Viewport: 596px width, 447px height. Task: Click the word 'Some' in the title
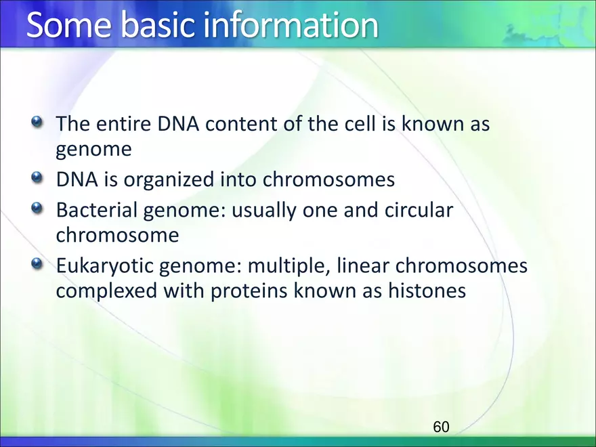pos(69,24)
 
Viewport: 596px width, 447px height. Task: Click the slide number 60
pos(441,427)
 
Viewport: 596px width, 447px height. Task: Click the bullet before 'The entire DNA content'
pos(37,122)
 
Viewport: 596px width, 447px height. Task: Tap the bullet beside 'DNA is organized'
pos(37,177)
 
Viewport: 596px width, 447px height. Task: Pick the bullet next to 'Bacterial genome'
pos(37,208)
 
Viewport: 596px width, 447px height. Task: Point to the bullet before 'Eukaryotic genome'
pos(37,263)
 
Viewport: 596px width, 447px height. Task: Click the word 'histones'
pos(427,291)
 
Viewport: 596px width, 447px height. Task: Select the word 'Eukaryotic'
pos(104,266)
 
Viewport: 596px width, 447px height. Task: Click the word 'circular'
pos(419,210)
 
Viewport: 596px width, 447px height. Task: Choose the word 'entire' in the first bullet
pos(123,124)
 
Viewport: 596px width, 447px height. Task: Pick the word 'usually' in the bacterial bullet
pos(263,211)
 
